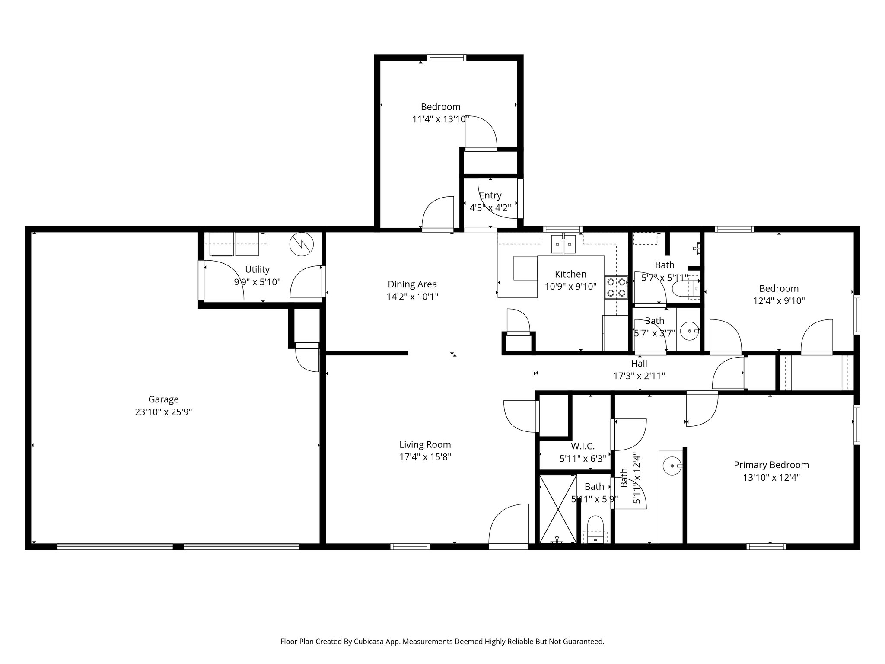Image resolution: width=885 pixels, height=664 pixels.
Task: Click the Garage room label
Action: [x=163, y=399]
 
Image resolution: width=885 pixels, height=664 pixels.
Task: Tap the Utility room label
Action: [x=257, y=269]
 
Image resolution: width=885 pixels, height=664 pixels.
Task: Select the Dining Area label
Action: [x=412, y=284]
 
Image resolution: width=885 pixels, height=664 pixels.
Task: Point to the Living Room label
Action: [x=425, y=444]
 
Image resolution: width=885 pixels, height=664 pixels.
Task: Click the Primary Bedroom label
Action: [x=771, y=465]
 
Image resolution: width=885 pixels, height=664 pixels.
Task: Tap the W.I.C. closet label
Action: [x=583, y=446]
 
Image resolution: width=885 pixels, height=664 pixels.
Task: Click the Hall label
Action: [x=639, y=364]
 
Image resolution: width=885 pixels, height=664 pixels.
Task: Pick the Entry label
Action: [x=490, y=195]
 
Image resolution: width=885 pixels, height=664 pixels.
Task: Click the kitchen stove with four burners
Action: [x=616, y=287]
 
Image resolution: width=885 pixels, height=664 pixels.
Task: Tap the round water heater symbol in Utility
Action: [x=300, y=245]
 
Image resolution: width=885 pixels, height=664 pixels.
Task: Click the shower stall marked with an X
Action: [x=558, y=509]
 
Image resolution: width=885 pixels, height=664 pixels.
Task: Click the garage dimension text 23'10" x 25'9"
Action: [x=163, y=412]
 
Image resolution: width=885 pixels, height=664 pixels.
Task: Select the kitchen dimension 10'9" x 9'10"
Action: [x=570, y=286]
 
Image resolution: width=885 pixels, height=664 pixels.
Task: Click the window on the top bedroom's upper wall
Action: [x=447, y=57]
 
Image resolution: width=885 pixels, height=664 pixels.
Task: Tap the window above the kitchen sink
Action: [x=562, y=229]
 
